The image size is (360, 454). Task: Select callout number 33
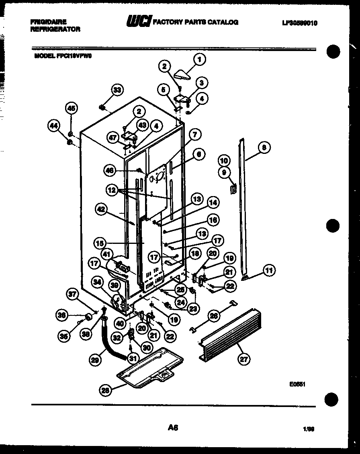[x=117, y=90]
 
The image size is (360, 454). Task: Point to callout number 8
[x=264, y=147]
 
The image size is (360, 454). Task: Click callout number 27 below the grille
[x=243, y=359]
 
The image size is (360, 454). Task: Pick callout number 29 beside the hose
[x=95, y=360]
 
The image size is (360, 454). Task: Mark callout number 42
[x=102, y=209]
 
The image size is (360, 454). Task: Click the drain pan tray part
[x=149, y=369]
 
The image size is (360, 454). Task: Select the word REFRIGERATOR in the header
[x=55, y=29]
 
